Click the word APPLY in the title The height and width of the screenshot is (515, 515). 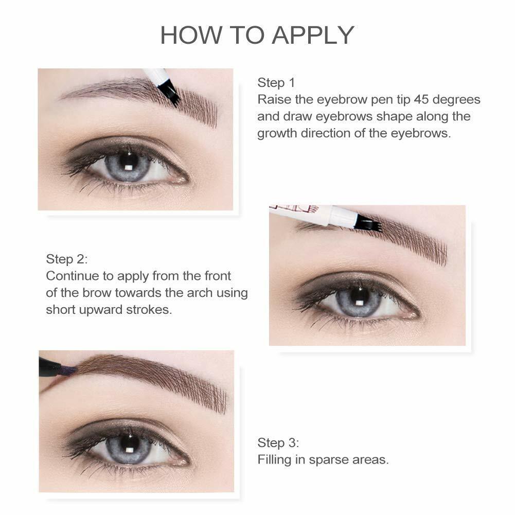pos(313,35)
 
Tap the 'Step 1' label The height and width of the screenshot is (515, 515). pos(276,82)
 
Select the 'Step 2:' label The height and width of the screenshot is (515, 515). pos(67,259)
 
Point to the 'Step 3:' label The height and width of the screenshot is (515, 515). pos(278,442)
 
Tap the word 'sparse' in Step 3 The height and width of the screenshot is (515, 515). pos(329,459)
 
